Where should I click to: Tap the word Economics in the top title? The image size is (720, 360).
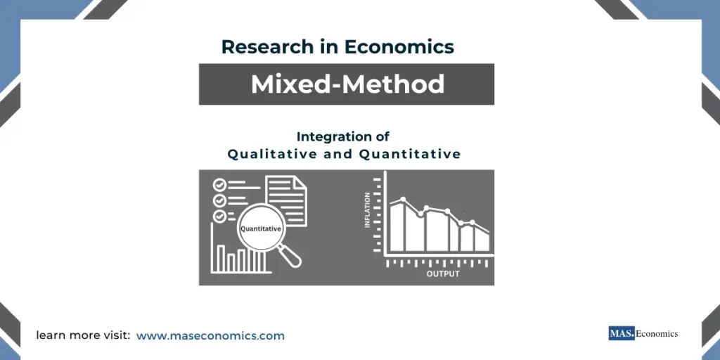[399, 47]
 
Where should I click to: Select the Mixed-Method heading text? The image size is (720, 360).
[347, 84]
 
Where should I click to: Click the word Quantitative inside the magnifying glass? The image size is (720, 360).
[261, 229]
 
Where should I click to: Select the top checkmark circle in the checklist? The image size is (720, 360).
[219, 184]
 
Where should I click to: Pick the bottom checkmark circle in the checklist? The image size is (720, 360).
[219, 216]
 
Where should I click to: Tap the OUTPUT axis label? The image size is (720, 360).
[443, 274]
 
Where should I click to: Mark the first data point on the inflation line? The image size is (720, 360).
[402, 200]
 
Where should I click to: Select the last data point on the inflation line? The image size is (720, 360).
[472, 223]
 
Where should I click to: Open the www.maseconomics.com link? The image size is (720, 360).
[210, 336]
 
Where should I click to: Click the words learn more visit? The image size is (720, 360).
[83, 336]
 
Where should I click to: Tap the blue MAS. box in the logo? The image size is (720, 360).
[622, 333]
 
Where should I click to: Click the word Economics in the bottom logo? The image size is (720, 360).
[657, 333]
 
